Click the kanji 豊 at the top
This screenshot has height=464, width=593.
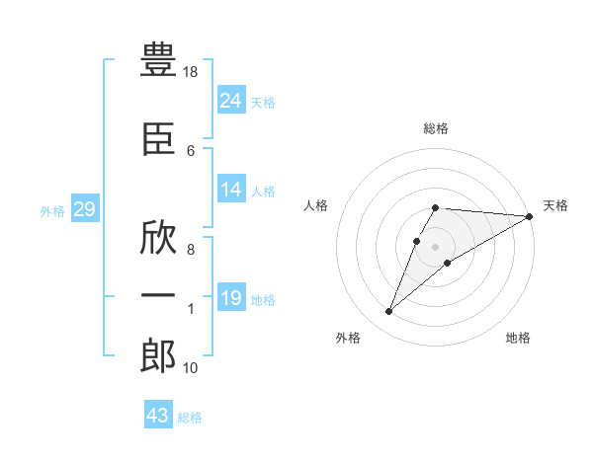pos(158,59)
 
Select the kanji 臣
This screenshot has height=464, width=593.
pos(158,139)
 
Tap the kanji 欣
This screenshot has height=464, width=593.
pos(158,238)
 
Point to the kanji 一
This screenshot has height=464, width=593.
pos(158,295)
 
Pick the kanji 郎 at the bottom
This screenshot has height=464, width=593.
pos(158,355)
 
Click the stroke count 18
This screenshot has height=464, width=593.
pos(190,72)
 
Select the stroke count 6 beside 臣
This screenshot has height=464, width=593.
pos(191,151)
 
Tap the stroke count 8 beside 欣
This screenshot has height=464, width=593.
pos(191,250)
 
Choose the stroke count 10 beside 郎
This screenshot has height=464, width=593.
pos(190,368)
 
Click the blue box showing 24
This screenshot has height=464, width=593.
pos(231,100)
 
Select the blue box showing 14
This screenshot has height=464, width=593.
pos(231,189)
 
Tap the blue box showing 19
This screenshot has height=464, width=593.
pos(231,296)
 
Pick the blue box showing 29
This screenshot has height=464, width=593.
pos(85,208)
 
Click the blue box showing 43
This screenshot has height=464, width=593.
pos(158,414)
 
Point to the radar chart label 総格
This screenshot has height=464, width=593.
pos(436,128)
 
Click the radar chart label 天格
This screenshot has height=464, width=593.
pos(555,205)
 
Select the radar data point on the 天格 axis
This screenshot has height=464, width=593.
pos(529,216)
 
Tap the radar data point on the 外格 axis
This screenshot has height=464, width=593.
pos(388,311)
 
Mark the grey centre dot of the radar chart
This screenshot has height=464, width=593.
pos(435,247)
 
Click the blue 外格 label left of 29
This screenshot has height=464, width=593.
pos(52,211)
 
